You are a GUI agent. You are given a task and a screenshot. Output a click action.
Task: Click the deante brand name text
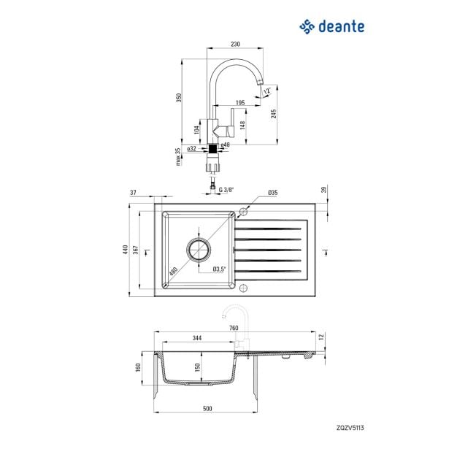click(x=342, y=26)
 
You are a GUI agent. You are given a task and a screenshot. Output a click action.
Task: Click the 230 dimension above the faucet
click(x=235, y=44)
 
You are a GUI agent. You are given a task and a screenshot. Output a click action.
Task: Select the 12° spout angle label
click(x=267, y=91)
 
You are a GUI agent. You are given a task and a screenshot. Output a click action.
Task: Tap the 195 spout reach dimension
click(x=240, y=102)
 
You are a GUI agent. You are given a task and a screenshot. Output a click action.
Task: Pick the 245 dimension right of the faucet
click(x=274, y=114)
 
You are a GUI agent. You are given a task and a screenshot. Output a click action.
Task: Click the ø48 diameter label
click(x=226, y=145)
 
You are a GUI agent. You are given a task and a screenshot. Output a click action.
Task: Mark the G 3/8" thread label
click(x=226, y=190)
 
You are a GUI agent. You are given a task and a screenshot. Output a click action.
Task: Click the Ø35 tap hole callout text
click(x=273, y=193)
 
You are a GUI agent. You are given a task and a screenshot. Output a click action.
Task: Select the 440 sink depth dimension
click(x=125, y=250)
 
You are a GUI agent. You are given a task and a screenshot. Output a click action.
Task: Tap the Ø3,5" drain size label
click(x=219, y=269)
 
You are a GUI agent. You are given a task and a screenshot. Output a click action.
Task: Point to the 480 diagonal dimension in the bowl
click(x=173, y=271)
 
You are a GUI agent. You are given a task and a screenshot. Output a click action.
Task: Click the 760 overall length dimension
click(x=234, y=328)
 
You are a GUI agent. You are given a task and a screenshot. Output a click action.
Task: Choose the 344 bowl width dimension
click(x=196, y=338)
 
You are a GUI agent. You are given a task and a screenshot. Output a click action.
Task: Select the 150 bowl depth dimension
click(x=197, y=367)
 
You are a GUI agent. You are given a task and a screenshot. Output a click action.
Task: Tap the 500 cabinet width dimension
click(x=207, y=409)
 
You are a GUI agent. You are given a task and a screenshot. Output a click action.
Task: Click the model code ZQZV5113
click(x=350, y=428)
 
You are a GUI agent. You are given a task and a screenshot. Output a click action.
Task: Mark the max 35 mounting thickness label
click(x=178, y=157)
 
